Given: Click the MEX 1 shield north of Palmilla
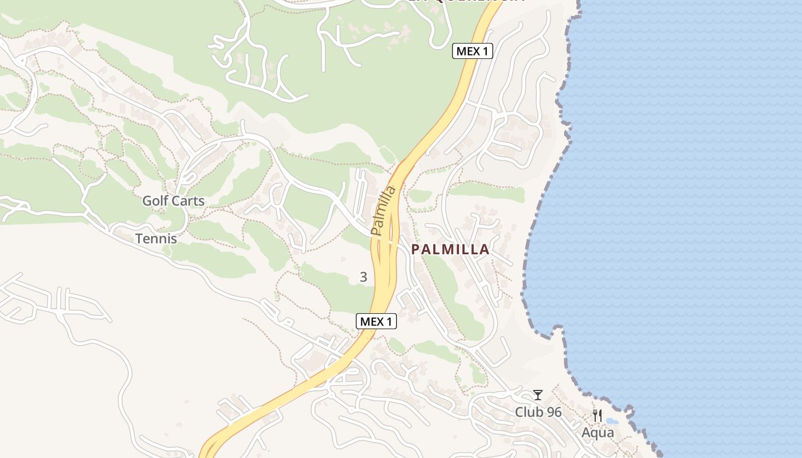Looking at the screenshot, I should pos(473,51).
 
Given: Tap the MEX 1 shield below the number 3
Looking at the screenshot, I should pos(376,321).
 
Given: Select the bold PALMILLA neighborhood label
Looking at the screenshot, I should pos(450,250).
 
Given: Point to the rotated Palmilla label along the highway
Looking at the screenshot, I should pos(384,210).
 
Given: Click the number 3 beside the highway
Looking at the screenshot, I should pos(363,277).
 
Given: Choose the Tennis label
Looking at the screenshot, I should pos(156,239).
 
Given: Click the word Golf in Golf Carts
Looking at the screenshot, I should pos(155,201).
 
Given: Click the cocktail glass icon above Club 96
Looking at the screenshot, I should pos(537,395).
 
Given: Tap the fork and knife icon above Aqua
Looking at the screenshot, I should pos(597,416).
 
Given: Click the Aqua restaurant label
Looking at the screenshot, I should pos(597,433).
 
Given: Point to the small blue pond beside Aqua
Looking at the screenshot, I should pos(612,421).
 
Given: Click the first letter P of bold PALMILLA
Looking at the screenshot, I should pos(415,250).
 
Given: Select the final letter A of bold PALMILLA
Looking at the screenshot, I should pos(485,250).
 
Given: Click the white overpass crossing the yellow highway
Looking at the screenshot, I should pos(391,242).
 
